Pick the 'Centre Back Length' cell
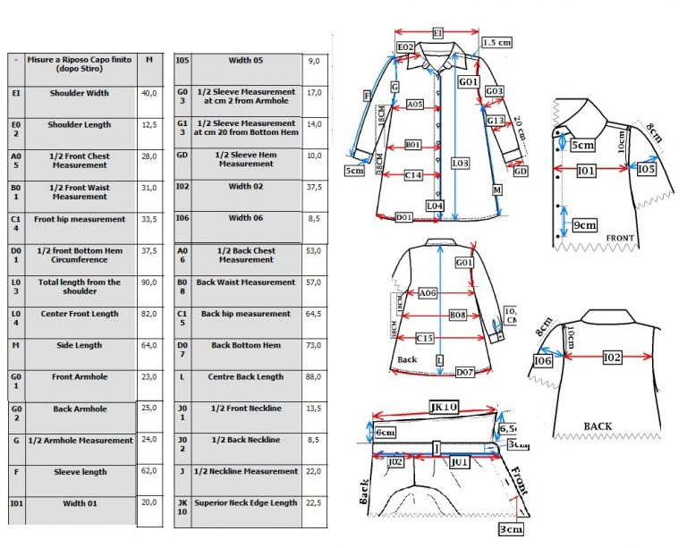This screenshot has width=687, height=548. [x=246, y=377]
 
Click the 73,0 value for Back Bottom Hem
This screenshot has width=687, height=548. [x=314, y=346]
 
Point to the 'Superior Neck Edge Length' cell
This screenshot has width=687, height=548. [x=246, y=503]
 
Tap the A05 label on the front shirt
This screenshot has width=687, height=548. [x=414, y=105]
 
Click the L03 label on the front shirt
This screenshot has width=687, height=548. [x=460, y=164]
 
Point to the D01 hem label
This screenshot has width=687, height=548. [x=404, y=217]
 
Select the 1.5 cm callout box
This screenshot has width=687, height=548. [x=497, y=42]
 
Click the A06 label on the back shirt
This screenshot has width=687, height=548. [x=428, y=292]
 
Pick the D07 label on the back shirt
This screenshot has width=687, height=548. [x=464, y=371]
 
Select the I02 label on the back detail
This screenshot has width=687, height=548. [x=612, y=358]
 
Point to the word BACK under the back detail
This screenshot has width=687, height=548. [x=598, y=426]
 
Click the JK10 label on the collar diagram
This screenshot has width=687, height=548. [x=445, y=408]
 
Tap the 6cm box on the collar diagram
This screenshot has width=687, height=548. [x=386, y=433]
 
